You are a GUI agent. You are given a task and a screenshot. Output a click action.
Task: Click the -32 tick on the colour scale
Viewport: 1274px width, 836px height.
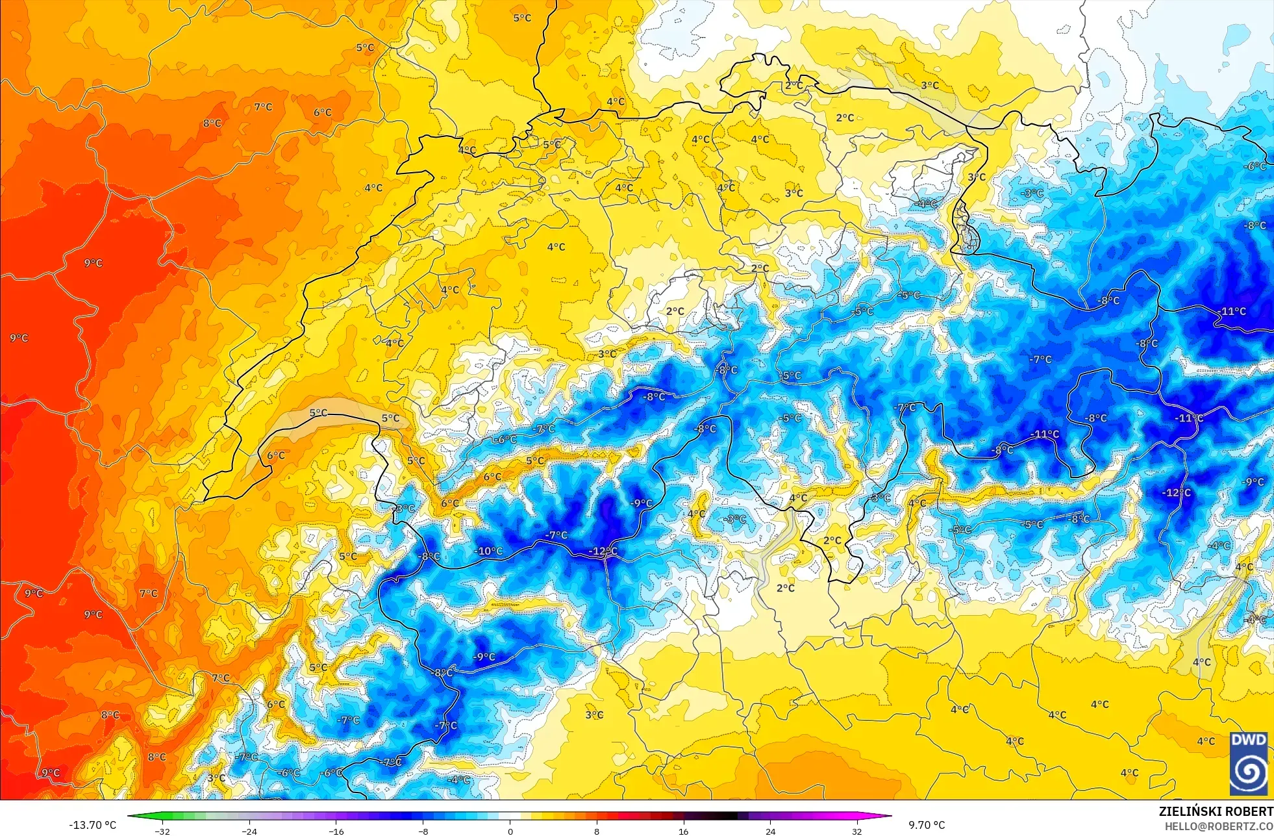click(162, 831)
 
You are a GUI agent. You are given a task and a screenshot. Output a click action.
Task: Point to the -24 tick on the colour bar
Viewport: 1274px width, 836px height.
click(249, 831)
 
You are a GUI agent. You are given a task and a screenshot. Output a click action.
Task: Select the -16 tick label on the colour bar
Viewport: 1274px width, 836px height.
click(336, 831)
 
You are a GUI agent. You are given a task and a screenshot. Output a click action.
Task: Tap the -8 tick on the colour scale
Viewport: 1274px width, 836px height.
click(423, 831)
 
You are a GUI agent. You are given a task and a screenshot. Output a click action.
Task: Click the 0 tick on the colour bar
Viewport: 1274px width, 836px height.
click(510, 831)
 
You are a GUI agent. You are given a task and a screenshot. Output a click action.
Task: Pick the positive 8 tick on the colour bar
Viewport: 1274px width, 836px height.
click(597, 831)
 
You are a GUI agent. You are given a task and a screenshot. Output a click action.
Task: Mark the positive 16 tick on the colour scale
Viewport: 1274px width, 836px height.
click(683, 831)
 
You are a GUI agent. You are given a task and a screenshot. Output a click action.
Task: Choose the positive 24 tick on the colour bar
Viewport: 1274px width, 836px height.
click(770, 831)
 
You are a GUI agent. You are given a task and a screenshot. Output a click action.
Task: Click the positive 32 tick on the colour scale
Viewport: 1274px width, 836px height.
click(857, 831)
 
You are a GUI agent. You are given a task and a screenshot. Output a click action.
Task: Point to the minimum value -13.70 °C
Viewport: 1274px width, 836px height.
click(92, 825)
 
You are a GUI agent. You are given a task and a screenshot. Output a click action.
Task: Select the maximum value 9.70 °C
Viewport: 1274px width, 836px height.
click(927, 825)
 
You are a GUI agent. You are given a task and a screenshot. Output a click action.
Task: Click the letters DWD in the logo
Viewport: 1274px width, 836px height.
click(1249, 740)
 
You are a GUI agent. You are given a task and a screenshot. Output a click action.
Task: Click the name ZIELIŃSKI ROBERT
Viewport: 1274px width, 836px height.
click(1216, 811)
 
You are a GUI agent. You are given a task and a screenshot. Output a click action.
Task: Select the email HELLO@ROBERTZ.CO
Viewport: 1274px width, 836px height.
click(1218, 826)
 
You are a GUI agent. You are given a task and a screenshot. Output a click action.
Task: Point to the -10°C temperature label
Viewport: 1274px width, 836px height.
click(490, 551)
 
